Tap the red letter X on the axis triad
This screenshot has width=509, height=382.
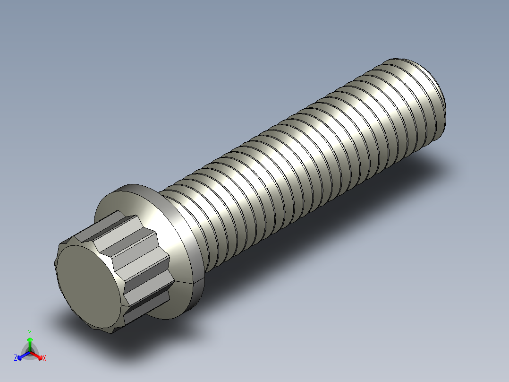44,358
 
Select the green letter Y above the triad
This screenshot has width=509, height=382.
30,332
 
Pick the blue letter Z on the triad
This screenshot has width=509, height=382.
16,358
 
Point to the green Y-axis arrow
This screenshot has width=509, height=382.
30,341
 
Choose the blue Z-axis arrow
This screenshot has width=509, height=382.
22,355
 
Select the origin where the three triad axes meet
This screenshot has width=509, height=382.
30,352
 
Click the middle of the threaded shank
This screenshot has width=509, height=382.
302,151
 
